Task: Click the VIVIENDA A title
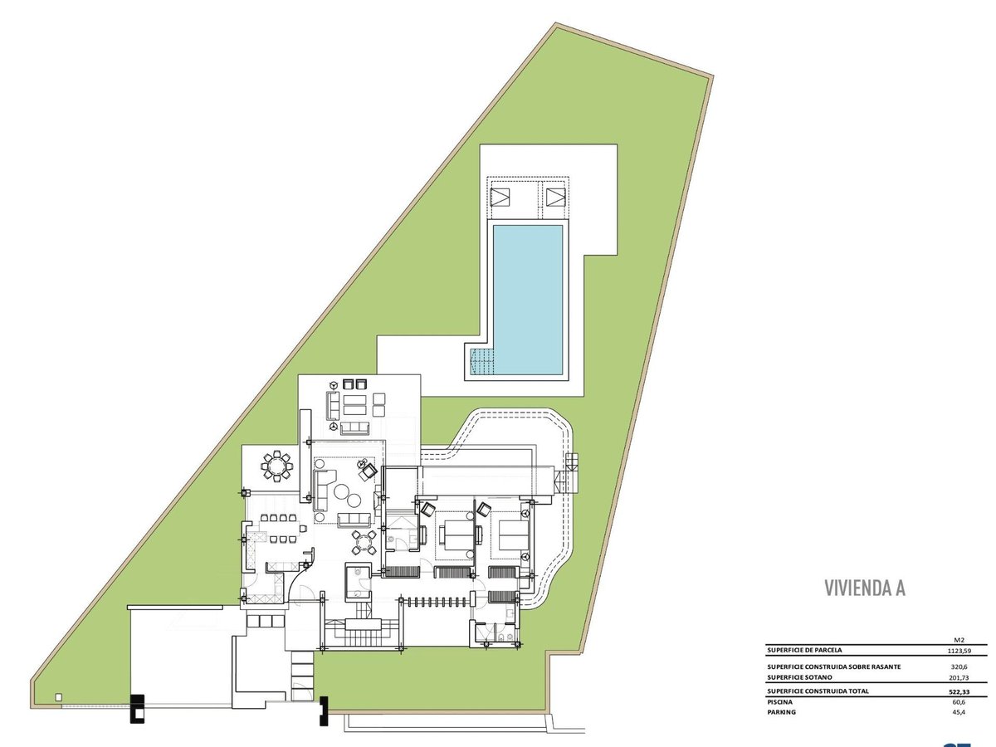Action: (x=864, y=588)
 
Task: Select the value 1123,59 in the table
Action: (x=959, y=651)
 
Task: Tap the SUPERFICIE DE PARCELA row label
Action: (x=804, y=650)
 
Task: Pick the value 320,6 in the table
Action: (x=959, y=666)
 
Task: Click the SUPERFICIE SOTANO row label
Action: (x=799, y=677)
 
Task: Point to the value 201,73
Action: (x=959, y=677)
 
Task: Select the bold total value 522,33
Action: (x=959, y=692)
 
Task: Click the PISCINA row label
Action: (x=779, y=702)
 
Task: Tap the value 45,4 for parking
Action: (x=959, y=712)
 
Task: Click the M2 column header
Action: (x=959, y=640)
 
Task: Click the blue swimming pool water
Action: (x=528, y=300)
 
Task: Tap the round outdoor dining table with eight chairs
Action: (x=276, y=466)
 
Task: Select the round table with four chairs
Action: (x=364, y=543)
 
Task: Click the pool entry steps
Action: (x=481, y=361)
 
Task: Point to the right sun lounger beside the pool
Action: (x=556, y=198)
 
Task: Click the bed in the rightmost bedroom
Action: (x=514, y=535)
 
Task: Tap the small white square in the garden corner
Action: (x=59, y=697)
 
